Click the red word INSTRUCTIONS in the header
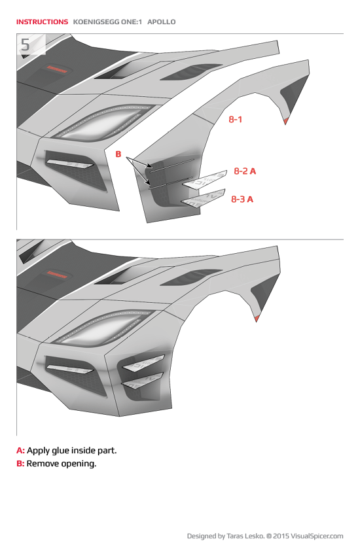pos(42,22)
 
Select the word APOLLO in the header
pos(162,22)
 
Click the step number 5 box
pos(26,44)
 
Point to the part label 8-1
pos(236,120)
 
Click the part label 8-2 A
pos(244,171)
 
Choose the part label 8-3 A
pos(242,199)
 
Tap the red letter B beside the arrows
pos(118,154)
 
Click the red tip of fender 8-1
pos(286,121)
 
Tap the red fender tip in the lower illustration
pos(257,318)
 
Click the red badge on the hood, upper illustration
pos(56,69)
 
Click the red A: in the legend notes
pos(20,451)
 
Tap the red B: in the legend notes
pos(20,464)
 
